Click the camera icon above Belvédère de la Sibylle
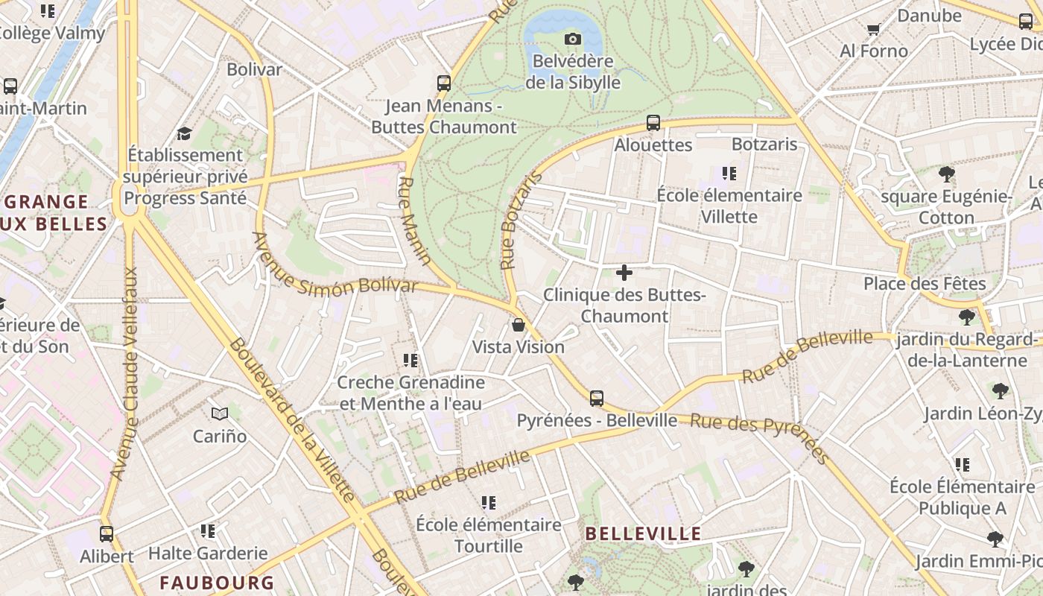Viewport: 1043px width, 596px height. coord(572,39)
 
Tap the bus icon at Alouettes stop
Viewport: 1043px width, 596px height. coord(653,123)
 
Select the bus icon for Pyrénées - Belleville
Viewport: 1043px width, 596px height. coord(597,399)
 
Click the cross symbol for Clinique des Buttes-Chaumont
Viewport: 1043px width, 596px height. coord(624,273)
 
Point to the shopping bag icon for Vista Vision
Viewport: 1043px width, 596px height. coord(519,325)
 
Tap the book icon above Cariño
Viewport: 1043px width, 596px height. coord(219,413)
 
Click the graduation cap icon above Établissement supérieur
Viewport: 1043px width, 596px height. coord(184,133)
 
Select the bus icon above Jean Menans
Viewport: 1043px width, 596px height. coord(444,83)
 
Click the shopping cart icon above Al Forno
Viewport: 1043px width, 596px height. coord(873,29)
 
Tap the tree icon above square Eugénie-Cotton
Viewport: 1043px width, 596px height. coord(947,174)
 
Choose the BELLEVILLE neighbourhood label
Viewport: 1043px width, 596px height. coord(643,533)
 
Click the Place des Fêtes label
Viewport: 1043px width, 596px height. coord(925,284)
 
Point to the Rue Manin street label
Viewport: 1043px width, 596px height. coord(415,221)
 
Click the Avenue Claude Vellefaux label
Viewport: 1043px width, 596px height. coord(124,373)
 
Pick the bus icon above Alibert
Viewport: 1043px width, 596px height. coord(107,534)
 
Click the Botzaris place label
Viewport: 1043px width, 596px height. coord(764,144)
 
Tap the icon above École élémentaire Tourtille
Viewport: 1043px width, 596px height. coord(489,503)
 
